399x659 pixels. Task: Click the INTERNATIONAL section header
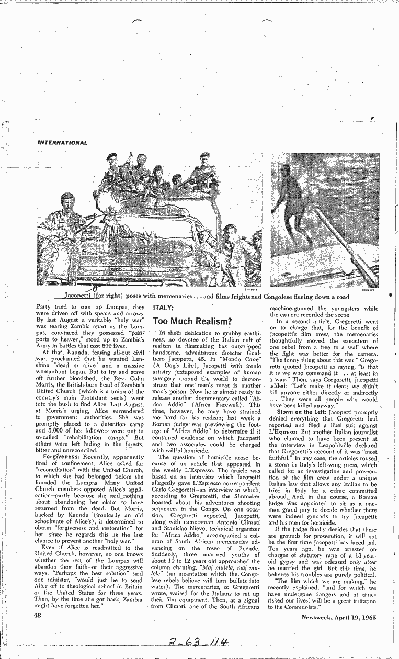click(62, 142)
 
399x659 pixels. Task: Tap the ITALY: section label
click(164, 308)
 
